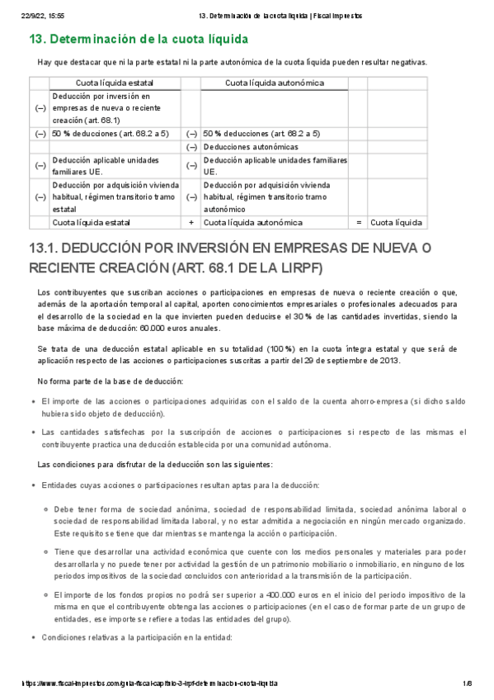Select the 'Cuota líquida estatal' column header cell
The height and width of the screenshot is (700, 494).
(114, 83)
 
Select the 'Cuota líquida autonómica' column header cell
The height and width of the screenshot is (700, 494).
(274, 83)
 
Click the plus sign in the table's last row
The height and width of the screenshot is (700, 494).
(191, 222)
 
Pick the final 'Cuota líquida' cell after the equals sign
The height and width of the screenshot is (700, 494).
(396, 222)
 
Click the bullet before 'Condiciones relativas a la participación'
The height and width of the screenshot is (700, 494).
(33, 637)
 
